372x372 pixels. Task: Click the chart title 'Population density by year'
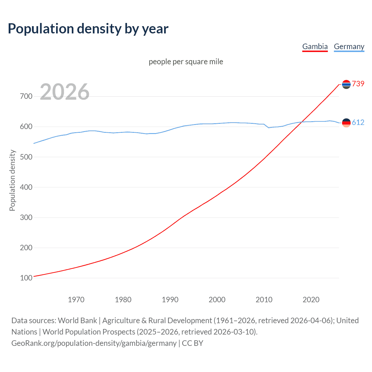pos(88,29)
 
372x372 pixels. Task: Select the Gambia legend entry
pos(315,46)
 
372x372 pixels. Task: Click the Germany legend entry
pos(349,46)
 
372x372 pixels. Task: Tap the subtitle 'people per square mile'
pos(186,62)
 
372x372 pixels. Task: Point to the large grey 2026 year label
pos(65,92)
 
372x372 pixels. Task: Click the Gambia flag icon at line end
pos(346,84)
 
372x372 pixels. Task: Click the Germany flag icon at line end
pos(346,123)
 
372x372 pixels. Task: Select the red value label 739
pos(358,84)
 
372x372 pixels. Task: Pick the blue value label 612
pos(358,123)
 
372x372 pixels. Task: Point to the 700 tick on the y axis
pos(26,96)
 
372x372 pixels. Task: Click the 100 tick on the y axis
pos(26,278)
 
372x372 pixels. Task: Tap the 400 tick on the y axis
pos(26,187)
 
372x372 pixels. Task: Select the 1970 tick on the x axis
pos(76,300)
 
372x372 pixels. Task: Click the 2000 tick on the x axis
pos(217,300)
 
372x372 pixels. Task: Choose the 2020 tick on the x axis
pos(311,300)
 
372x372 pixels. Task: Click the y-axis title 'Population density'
pos(12,180)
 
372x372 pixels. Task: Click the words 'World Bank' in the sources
pos(77,321)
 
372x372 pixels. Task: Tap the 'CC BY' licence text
pos(192,343)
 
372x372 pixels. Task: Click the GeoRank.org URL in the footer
pos(94,343)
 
